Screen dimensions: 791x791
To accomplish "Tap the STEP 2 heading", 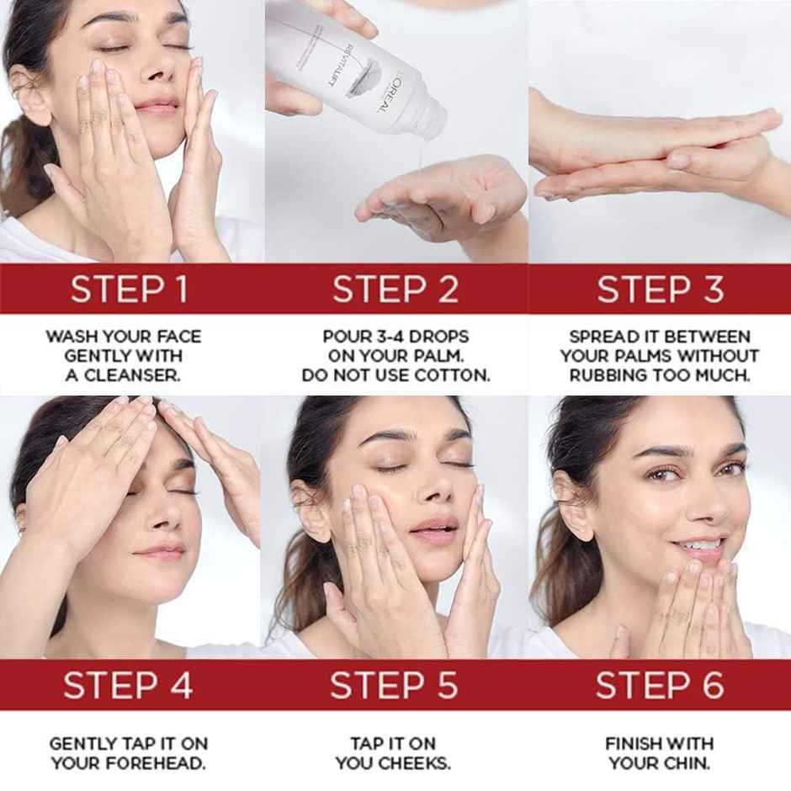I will pyautogui.click(x=395, y=289).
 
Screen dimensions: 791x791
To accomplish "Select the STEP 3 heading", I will pyautogui.click(x=660, y=289).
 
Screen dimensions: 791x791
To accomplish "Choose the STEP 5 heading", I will pyautogui.click(x=395, y=685).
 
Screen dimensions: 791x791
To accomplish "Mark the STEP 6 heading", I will pyautogui.click(x=660, y=685).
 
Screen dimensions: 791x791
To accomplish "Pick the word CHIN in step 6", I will pyautogui.click(x=687, y=764).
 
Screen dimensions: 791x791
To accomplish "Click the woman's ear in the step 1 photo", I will pyautogui.click(x=29, y=93).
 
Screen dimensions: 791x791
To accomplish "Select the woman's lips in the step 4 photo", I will pyautogui.click(x=163, y=552).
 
